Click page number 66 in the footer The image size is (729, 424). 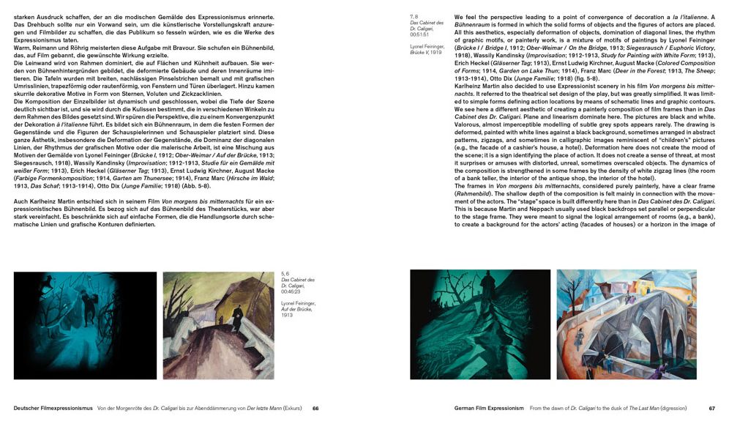click(x=315, y=409)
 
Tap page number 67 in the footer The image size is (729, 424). click(x=711, y=409)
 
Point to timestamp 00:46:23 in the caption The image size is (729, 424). click(x=293, y=292)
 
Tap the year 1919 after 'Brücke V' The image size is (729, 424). click(x=435, y=53)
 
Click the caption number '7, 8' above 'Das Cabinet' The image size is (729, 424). click(x=415, y=16)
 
